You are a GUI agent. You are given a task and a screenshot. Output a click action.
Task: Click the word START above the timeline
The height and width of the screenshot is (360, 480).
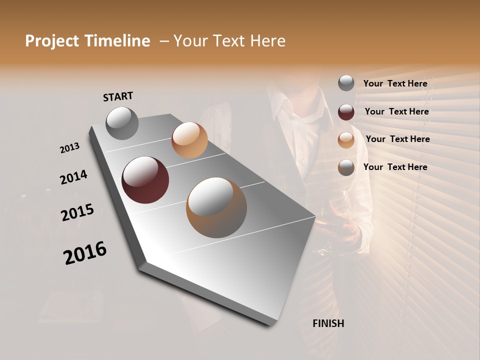pyautogui.click(x=118, y=96)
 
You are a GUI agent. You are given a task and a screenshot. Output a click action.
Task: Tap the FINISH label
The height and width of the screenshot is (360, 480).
pyautogui.click(x=328, y=323)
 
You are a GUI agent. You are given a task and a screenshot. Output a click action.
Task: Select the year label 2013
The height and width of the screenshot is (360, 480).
pyautogui.click(x=69, y=148)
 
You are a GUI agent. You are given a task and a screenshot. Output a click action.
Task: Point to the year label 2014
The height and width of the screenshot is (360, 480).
pyautogui.click(x=73, y=177)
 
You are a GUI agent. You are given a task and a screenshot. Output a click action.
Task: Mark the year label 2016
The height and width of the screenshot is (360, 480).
pyautogui.click(x=85, y=253)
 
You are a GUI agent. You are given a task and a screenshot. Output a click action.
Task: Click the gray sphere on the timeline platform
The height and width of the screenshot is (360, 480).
pyautogui.click(x=122, y=123)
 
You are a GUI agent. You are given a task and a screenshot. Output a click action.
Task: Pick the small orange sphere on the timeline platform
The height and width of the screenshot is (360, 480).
pyautogui.click(x=189, y=140)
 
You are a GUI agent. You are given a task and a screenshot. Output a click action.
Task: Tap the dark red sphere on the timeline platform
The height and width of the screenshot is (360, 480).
pyautogui.click(x=145, y=180)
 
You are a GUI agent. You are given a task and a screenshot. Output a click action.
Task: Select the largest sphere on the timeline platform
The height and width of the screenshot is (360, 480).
pyautogui.click(x=216, y=207)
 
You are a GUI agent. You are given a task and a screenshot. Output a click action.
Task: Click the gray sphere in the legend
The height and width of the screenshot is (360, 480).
pyautogui.click(x=346, y=83)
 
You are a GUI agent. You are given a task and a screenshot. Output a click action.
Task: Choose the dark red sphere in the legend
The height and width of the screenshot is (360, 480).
pyautogui.click(x=346, y=112)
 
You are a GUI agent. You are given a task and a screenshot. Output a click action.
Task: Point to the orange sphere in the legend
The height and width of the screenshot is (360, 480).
pyautogui.click(x=346, y=140)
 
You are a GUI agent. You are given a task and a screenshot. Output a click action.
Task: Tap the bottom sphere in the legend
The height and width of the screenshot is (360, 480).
pyautogui.click(x=346, y=167)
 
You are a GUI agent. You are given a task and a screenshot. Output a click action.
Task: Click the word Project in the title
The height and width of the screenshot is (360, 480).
pyautogui.click(x=52, y=41)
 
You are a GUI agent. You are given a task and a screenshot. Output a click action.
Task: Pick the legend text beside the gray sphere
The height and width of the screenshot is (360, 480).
pyautogui.click(x=395, y=83)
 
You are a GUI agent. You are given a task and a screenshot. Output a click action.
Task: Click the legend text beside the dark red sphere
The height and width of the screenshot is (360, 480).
pyautogui.click(x=396, y=111)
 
